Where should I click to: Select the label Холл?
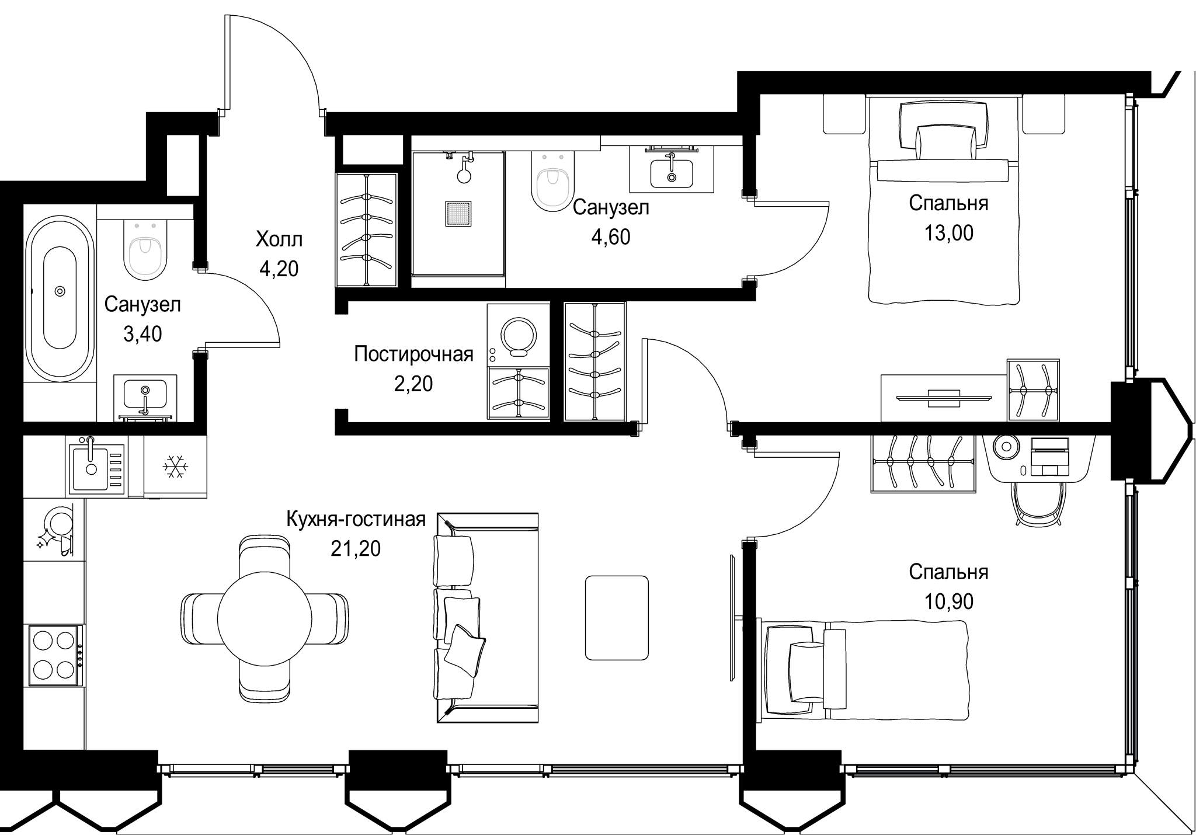(x=279, y=239)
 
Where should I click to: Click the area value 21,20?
(x=356, y=548)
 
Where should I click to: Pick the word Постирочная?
(x=413, y=354)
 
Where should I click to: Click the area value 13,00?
(x=948, y=233)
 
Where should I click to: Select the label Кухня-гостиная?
(x=356, y=519)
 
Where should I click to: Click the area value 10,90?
(x=948, y=601)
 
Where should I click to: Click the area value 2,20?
(x=413, y=384)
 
